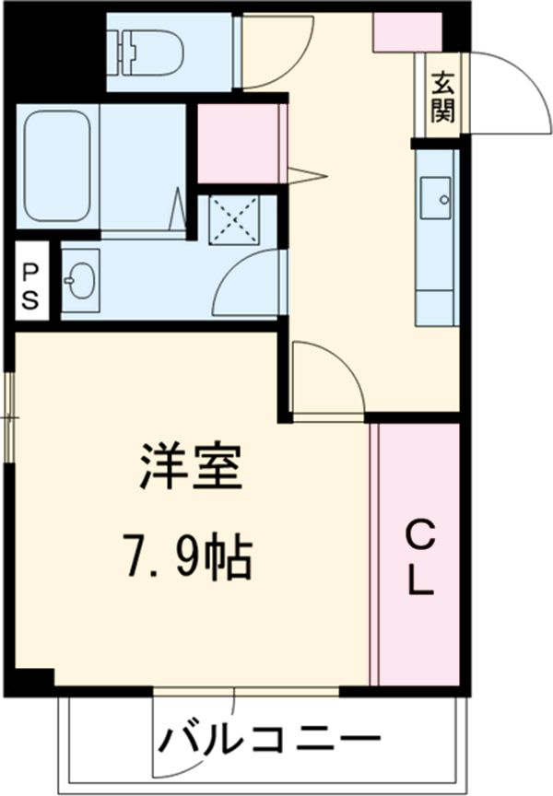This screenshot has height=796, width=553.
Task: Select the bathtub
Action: (57, 166)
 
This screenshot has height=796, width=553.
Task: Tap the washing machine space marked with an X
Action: (236, 219)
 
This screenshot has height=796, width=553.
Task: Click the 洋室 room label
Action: (191, 467)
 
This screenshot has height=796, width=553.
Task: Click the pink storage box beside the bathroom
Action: (237, 144)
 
